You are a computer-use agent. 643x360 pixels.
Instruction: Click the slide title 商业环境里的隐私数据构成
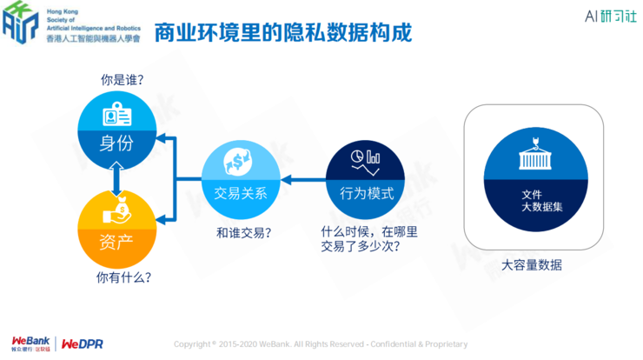pyautogui.click(x=282, y=32)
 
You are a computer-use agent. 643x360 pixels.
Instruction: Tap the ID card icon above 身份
pyautogui.click(x=116, y=115)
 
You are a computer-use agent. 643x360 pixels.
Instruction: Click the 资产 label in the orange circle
pyautogui.click(x=116, y=238)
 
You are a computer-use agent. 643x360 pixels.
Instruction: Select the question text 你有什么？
pyautogui.click(x=123, y=278)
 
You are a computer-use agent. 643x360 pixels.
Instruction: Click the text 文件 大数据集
pyautogui.click(x=532, y=202)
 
